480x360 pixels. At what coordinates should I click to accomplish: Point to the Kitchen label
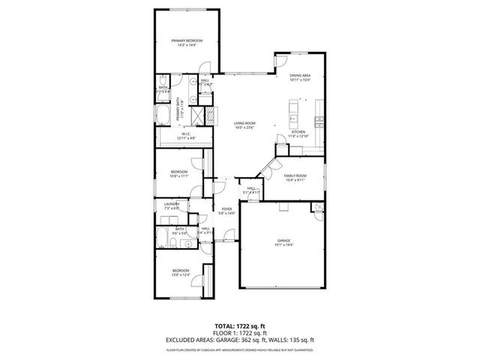coord(298,133)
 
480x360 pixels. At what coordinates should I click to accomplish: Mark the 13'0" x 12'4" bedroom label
coord(181,272)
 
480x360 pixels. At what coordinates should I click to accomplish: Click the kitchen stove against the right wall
coord(320,121)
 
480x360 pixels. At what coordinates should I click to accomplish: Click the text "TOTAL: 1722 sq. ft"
coord(239,326)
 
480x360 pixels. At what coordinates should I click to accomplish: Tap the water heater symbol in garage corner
coord(319,207)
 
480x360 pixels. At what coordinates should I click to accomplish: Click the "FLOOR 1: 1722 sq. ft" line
coord(239,333)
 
